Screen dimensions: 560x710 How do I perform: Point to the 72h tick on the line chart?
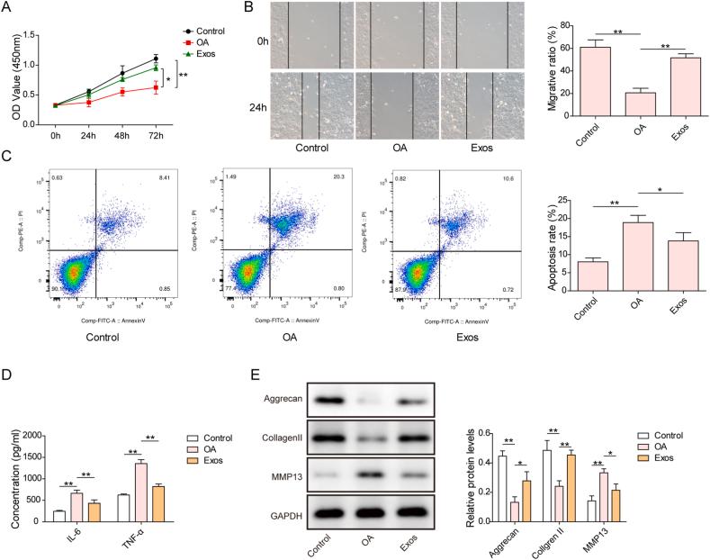(x=156, y=136)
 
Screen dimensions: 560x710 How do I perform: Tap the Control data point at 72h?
(x=156, y=59)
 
